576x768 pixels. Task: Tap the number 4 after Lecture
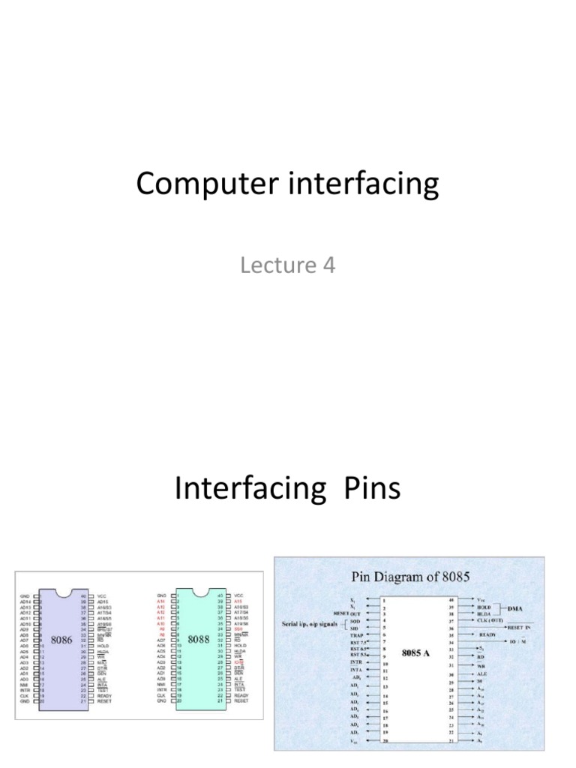tap(329, 265)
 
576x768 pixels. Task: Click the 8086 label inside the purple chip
tap(61, 640)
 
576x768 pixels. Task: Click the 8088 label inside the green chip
tap(199, 640)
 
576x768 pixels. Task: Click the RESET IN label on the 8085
tap(525, 626)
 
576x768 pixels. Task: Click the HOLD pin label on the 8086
tap(103, 646)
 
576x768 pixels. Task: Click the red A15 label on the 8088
tap(239, 601)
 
